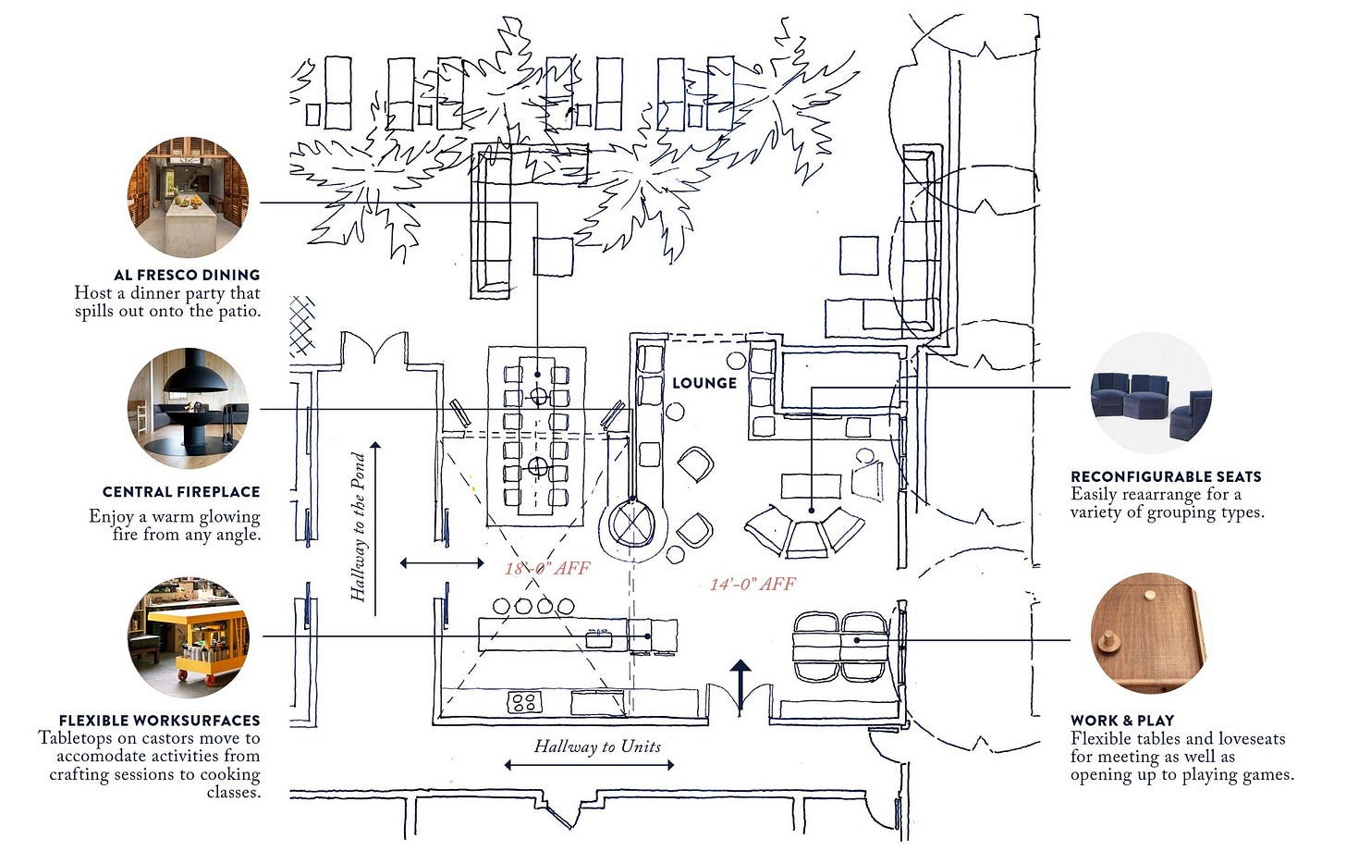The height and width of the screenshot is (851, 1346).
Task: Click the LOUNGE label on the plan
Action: click(704, 383)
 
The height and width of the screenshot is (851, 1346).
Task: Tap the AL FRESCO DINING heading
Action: click(187, 275)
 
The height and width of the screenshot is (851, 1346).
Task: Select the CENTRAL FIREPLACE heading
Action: click(181, 492)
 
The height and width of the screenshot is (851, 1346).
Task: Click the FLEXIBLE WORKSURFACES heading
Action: click(160, 721)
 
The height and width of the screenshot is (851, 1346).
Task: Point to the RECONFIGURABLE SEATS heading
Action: click(1166, 476)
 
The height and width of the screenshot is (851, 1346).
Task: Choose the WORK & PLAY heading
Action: click(1122, 721)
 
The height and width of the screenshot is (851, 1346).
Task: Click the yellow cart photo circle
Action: click(188, 637)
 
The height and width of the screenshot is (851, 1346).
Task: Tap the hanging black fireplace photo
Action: click(188, 409)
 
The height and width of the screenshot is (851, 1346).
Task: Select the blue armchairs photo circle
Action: click(1151, 393)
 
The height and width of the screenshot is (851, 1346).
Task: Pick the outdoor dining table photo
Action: click(188, 197)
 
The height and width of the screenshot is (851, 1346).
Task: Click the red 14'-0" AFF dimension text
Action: click(753, 584)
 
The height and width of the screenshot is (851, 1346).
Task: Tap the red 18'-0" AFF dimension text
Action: click(547, 568)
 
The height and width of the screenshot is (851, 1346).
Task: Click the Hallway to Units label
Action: click(597, 746)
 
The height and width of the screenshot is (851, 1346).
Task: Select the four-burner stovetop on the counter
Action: click(524, 702)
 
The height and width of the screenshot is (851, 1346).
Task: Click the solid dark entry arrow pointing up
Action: click(740, 682)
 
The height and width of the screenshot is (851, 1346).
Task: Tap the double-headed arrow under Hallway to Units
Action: click(589, 765)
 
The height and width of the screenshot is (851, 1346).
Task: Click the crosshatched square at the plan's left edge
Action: click(302, 327)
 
